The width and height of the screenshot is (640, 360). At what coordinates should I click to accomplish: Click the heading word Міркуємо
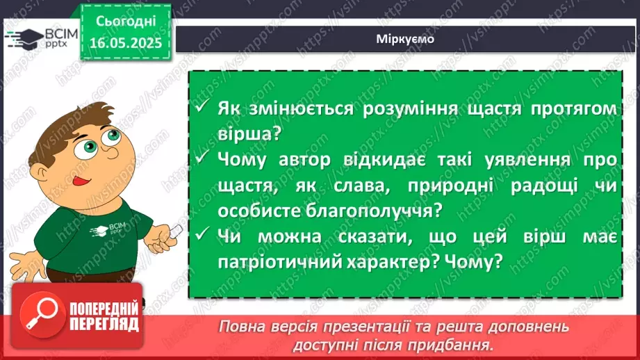pos(407,39)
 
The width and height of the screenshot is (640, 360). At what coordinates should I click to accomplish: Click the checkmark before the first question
pos(202,109)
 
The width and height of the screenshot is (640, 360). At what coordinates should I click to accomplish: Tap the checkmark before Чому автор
pos(202,159)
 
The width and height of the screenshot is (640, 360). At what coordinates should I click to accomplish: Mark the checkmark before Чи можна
pos(202,236)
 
